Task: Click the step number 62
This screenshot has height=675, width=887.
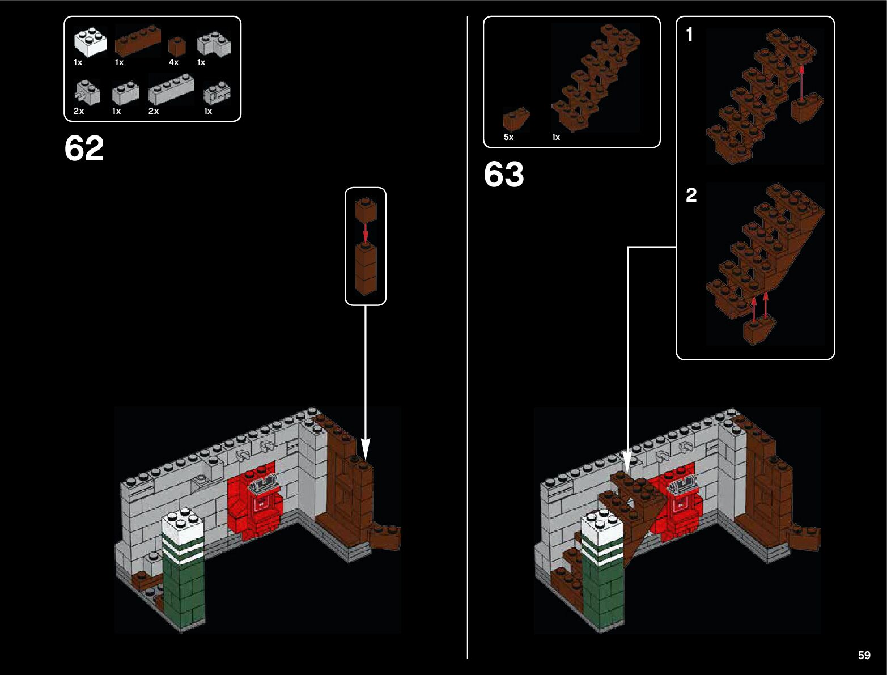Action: (x=84, y=149)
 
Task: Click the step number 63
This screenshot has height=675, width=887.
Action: (x=503, y=175)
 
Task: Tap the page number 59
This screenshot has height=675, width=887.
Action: (x=864, y=655)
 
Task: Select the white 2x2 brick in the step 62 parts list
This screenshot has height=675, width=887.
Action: (x=90, y=42)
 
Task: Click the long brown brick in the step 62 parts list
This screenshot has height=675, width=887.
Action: (x=138, y=41)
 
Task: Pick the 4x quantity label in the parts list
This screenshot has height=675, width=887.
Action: (x=173, y=62)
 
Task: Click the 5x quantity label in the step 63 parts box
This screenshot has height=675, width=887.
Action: (x=508, y=137)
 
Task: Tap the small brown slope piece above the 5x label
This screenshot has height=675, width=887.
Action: (x=516, y=118)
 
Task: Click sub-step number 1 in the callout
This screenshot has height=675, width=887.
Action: (x=689, y=35)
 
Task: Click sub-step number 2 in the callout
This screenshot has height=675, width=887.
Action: (x=691, y=195)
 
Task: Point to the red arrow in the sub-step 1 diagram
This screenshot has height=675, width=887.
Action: (x=801, y=82)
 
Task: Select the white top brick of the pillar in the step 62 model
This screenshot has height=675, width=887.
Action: (x=183, y=525)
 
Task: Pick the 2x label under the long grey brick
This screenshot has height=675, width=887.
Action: (x=154, y=111)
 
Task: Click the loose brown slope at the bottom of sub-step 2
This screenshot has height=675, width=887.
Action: (x=758, y=331)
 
